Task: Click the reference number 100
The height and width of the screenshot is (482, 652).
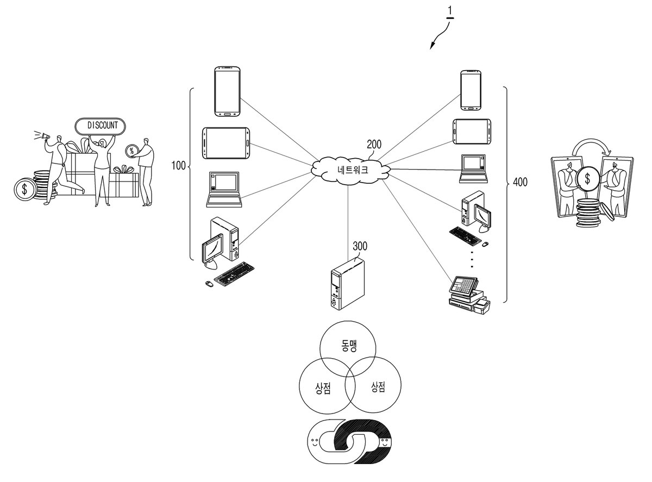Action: pos(178,166)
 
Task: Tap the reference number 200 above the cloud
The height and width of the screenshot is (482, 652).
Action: pos(374,145)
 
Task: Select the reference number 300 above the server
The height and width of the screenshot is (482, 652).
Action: pos(360,246)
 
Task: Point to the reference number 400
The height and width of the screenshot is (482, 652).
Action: pos(520,182)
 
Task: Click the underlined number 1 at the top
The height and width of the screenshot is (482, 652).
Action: pos(450,12)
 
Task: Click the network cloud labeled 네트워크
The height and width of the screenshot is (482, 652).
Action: pos(352,171)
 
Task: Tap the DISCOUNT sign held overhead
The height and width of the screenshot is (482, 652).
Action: pos(100,126)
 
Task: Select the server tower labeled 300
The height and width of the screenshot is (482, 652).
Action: pos(347,284)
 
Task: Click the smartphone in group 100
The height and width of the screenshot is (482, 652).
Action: pos(227,91)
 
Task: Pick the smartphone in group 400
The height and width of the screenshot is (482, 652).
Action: pos(471,90)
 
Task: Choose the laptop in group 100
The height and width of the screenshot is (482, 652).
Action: pos(224,190)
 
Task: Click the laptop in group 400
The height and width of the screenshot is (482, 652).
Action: pos(473,169)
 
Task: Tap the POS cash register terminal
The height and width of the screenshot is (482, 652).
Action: pos(469,295)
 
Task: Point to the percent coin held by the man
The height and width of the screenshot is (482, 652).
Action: pos(131,151)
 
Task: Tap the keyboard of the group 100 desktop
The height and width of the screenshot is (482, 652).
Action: pos(234,274)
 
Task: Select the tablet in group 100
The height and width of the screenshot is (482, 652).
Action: pos(226,143)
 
